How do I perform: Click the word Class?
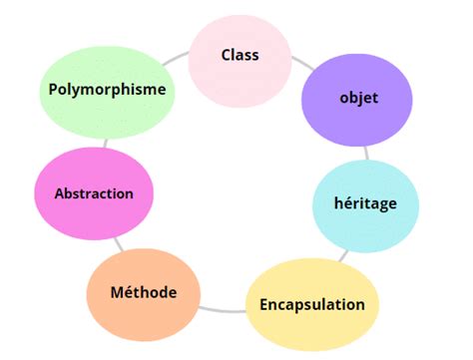(239, 55)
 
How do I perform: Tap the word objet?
(358, 100)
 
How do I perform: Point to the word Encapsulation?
(312, 304)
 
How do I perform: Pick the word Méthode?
(145, 292)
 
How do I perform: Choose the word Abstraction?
(94, 192)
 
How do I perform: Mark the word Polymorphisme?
(107, 88)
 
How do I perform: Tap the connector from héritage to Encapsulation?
(344, 255)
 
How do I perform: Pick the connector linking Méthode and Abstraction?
(118, 243)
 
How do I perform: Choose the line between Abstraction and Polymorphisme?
(100, 142)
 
